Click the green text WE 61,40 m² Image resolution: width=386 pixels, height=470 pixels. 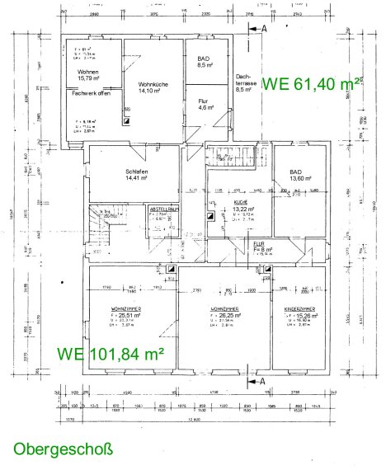(312, 82)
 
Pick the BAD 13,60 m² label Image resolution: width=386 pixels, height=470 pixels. (301, 175)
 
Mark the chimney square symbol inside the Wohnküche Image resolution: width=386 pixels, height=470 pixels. (125, 118)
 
